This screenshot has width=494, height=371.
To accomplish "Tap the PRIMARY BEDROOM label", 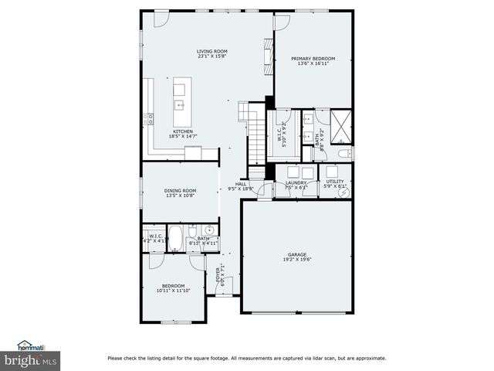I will tap(313, 58).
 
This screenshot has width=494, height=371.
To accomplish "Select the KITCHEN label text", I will tap(183, 131).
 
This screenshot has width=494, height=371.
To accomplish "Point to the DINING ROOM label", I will tap(180, 190).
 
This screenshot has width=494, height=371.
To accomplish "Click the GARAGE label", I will tap(296, 254).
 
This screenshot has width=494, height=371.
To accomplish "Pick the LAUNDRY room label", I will tap(296, 182).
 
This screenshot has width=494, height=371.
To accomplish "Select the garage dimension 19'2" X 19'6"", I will tap(296, 260).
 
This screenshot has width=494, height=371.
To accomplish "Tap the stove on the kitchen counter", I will tap(148, 119).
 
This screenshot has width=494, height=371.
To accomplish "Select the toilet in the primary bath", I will tap(345, 153).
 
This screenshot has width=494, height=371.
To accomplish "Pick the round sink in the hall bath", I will tap(208, 230).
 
